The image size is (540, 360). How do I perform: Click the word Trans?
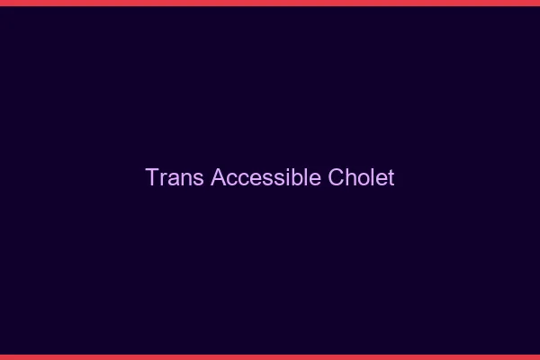tap(175, 177)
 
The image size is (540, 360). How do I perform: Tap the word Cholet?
tap(361, 177)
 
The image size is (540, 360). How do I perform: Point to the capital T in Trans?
tap(152, 177)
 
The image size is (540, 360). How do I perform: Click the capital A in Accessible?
tap(218, 177)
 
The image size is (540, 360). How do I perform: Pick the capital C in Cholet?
tap(336, 177)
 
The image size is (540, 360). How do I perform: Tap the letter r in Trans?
tap(162, 178)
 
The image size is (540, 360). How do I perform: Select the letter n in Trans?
tap(184, 178)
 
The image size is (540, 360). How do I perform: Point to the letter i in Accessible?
tap(290, 177)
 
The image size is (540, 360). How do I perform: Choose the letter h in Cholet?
tap(351, 177)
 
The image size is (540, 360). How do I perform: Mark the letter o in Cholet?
tap(364, 178)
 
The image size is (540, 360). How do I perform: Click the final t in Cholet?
tap(391, 177)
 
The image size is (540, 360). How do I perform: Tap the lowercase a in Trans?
tap(173, 178)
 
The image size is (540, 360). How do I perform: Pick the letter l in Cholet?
tap(373, 177)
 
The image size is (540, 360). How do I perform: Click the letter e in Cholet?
tap(381, 178)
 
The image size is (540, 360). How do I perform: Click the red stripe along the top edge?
tap(270, 3)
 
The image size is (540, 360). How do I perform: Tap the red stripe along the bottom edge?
tap(270, 356)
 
